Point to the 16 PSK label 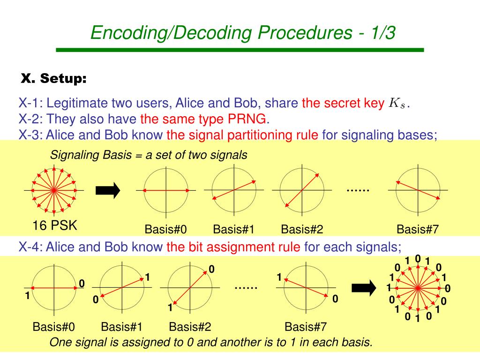[x=54, y=226]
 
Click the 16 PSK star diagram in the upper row [x=54, y=190]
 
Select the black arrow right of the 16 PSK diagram [x=108, y=190]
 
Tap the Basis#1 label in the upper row [x=233, y=230]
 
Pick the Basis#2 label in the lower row [x=190, y=327]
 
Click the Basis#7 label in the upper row [x=417, y=230]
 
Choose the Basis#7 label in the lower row [x=306, y=327]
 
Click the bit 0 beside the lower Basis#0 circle [x=82, y=284]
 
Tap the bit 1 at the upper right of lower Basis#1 [x=147, y=277]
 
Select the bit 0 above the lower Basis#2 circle [x=211, y=269]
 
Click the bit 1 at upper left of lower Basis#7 [x=279, y=277]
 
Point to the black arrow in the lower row [x=364, y=287]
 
